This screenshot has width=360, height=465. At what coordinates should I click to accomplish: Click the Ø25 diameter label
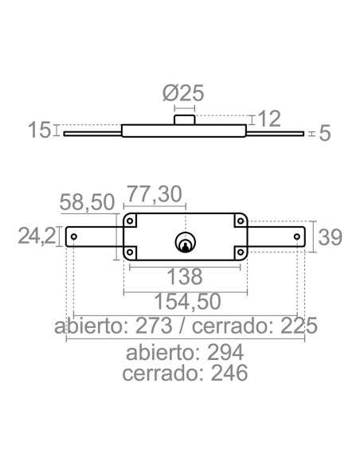pyautogui.click(x=183, y=93)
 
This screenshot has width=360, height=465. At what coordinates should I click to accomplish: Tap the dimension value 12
pyautogui.click(x=269, y=120)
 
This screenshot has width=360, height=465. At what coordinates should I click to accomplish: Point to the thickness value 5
pyautogui.click(x=324, y=133)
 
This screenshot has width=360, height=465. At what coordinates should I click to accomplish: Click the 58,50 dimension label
pyautogui.click(x=88, y=202)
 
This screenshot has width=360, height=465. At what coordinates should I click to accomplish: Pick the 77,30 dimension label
pyautogui.click(x=155, y=194)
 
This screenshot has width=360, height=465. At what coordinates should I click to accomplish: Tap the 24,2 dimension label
pyautogui.click(x=37, y=236)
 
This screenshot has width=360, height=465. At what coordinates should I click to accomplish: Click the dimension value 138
pyautogui.click(x=185, y=276)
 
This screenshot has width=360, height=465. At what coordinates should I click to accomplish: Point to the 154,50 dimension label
pyautogui.click(x=185, y=302)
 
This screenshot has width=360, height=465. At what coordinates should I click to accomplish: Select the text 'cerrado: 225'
pyautogui.click(x=254, y=326)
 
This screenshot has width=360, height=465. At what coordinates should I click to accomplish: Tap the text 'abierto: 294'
pyautogui.click(x=185, y=353)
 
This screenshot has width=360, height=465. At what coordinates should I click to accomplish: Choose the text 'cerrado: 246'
pyautogui.click(x=185, y=372)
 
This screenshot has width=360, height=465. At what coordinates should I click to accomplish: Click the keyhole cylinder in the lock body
pyautogui.click(x=185, y=242)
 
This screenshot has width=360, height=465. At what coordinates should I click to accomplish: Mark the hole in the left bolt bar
pyautogui.click(x=74, y=236)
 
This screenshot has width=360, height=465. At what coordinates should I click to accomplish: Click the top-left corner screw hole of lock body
pyautogui.click(x=132, y=221)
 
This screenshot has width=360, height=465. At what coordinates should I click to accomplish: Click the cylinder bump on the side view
pyautogui.click(x=185, y=119)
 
